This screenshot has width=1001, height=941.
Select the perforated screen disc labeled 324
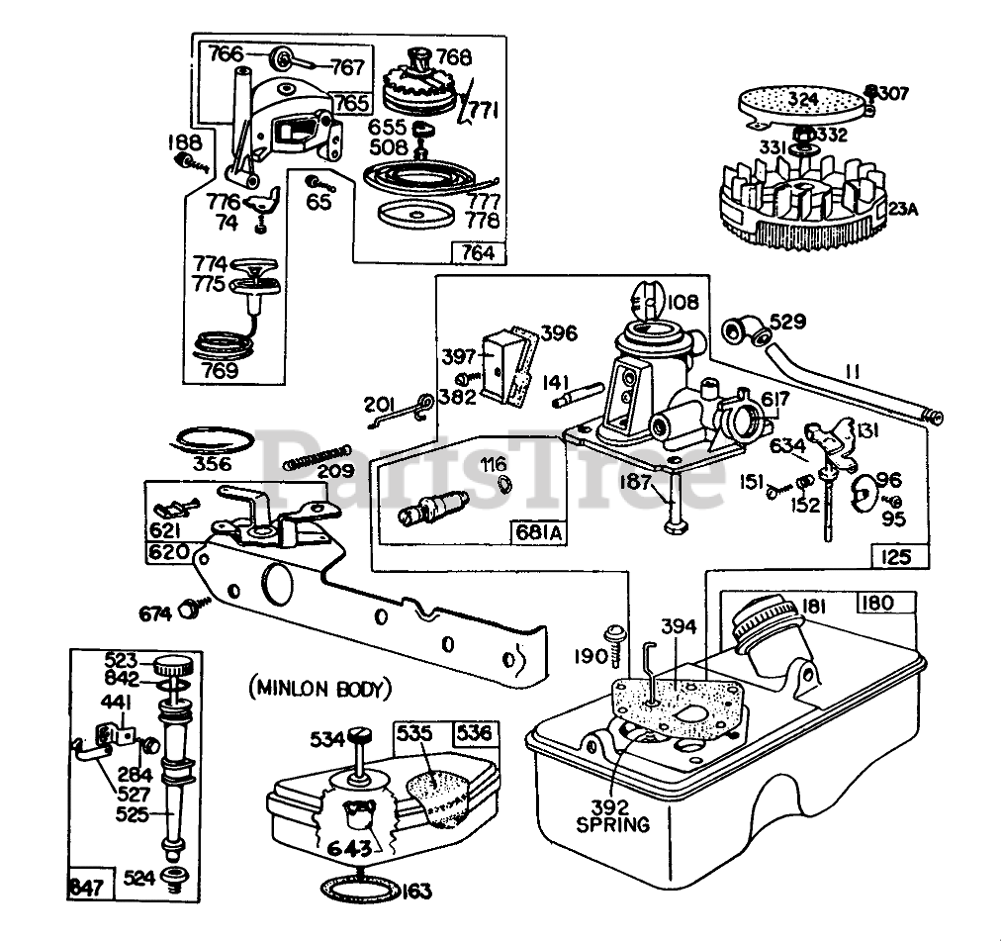coord(801,103)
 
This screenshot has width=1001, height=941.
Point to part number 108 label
coord(683,302)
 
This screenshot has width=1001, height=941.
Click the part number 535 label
coord(415,734)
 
